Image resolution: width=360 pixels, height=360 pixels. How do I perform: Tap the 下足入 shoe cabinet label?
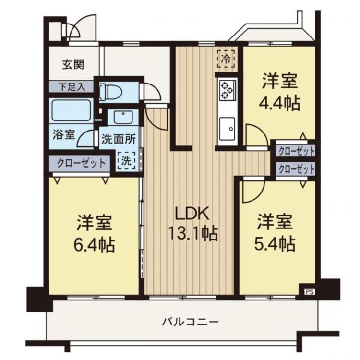click(x=72, y=87)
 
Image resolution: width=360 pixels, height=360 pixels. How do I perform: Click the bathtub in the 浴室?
click(x=72, y=110)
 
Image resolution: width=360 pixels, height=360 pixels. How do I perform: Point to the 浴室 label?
click(x=64, y=134)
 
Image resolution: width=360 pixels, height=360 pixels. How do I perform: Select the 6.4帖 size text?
click(x=95, y=246)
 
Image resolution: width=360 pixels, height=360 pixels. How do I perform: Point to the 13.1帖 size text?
click(x=192, y=234)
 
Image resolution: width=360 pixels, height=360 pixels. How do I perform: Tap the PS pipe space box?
click(x=308, y=291)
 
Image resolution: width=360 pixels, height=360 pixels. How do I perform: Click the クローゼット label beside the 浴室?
click(x=81, y=162)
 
